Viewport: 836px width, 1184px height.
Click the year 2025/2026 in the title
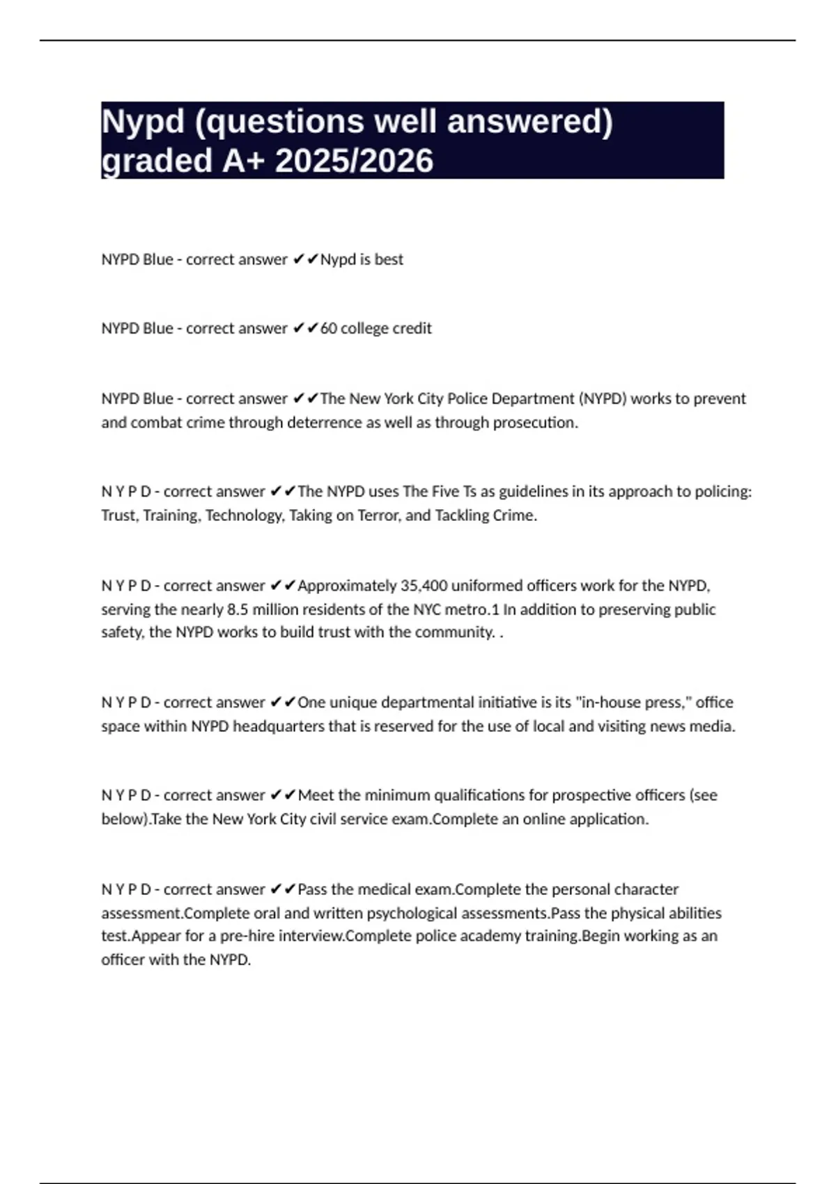coord(354,161)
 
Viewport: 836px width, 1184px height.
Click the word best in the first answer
coord(389,259)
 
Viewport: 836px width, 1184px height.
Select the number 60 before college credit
coord(328,328)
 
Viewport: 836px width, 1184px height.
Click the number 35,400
coord(424,586)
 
